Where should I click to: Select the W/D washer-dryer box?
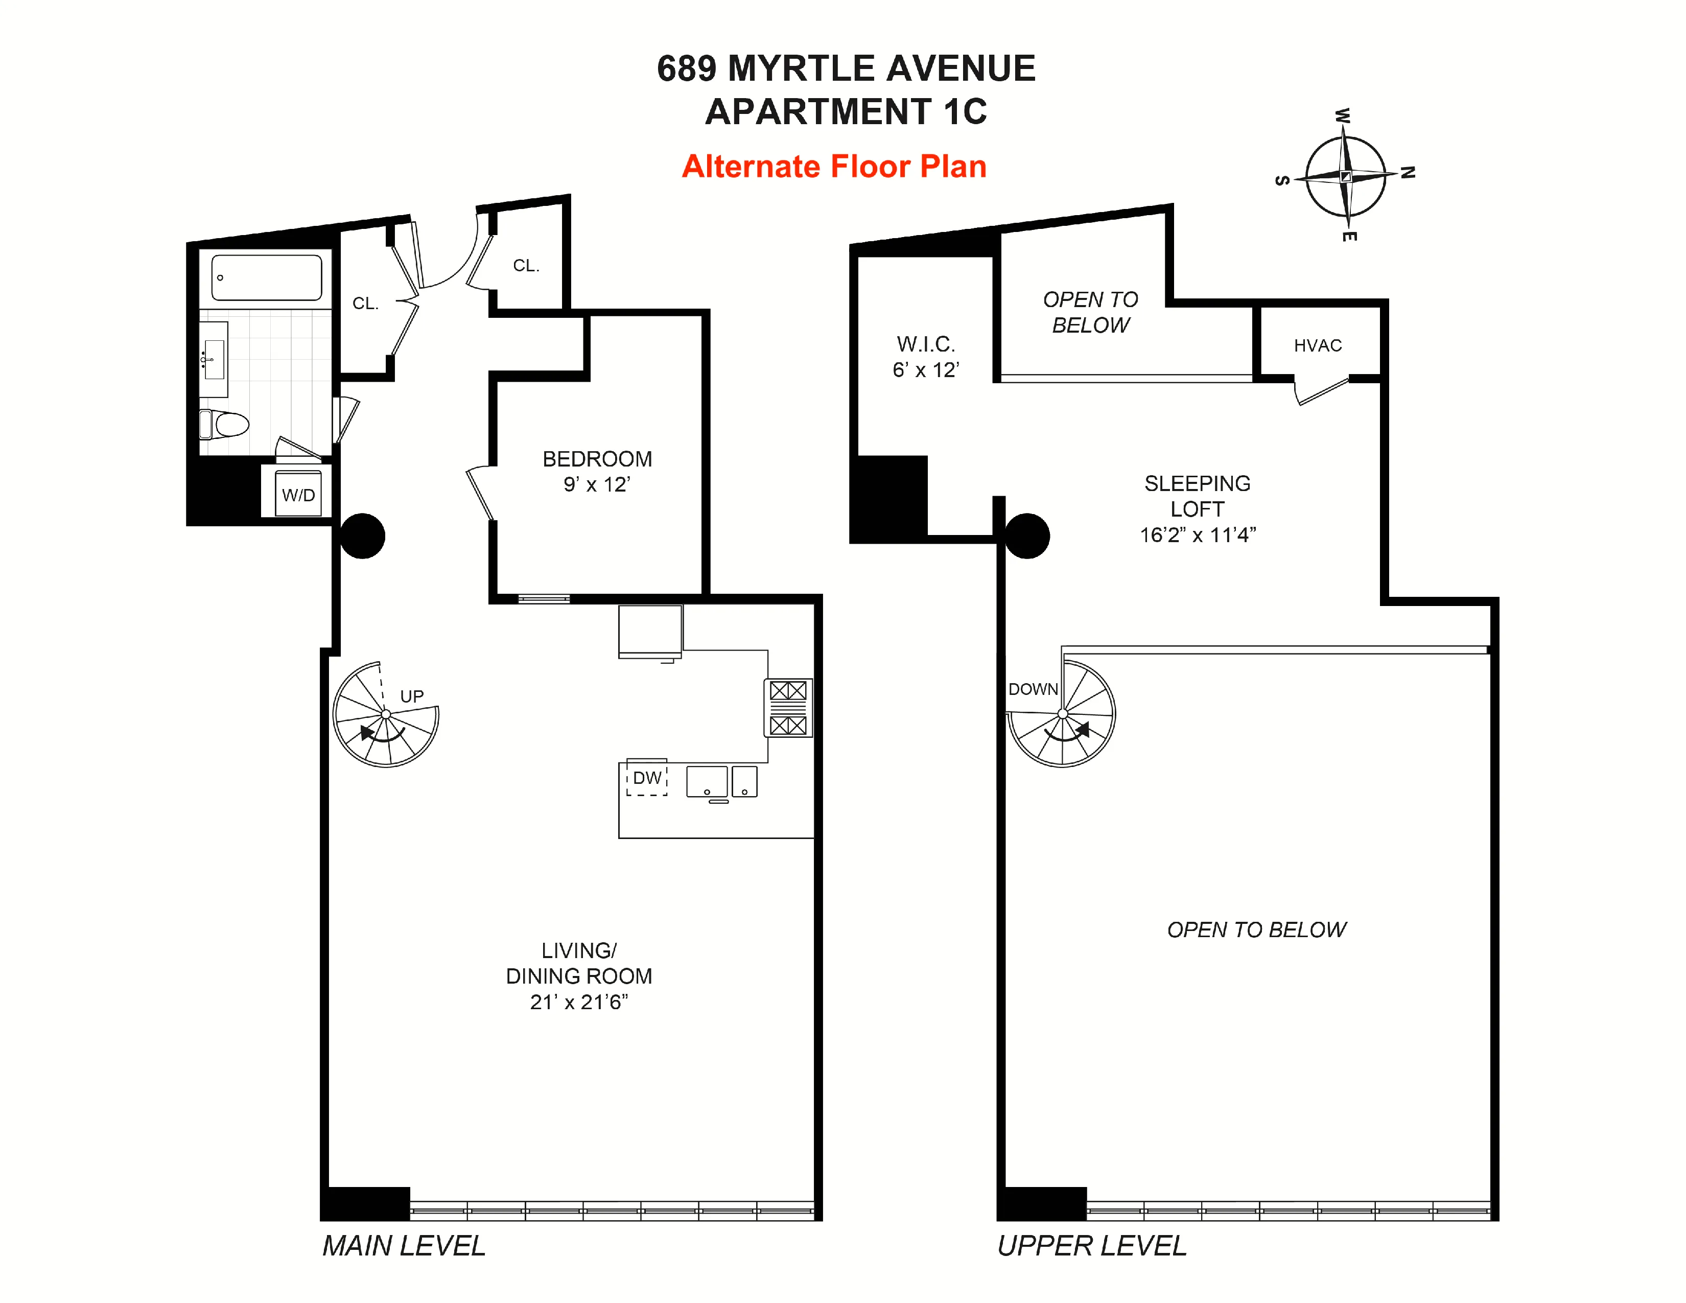(298, 494)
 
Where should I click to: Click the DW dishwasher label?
(647, 778)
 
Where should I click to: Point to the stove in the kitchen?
(787, 708)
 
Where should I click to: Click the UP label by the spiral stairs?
(411, 696)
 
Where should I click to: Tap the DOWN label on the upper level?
(1033, 689)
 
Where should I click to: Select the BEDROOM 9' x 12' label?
(597, 471)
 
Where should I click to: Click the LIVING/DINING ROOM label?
(579, 975)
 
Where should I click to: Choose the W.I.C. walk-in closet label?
(926, 357)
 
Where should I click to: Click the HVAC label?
(1318, 346)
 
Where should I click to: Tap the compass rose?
(1346, 176)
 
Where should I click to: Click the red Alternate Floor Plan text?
(834, 167)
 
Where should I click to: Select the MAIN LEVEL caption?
(404, 1246)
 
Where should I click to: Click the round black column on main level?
(363, 536)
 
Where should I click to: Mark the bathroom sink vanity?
(214, 360)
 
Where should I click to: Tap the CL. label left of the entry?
(365, 304)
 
